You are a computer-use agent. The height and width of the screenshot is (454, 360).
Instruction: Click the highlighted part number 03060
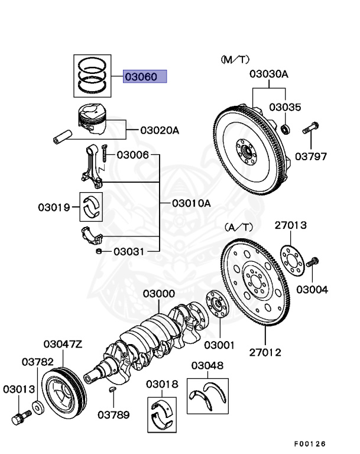[x=145, y=76]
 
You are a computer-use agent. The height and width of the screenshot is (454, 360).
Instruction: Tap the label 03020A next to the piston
[x=159, y=130]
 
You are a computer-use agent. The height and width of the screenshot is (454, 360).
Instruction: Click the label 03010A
[x=192, y=203]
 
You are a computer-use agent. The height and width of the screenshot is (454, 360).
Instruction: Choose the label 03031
[x=129, y=251]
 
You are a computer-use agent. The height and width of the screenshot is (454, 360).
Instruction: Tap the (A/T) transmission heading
[x=238, y=226]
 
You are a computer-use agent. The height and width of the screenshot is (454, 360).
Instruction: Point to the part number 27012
[x=265, y=353]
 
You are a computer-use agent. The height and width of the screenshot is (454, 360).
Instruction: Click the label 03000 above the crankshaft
[x=158, y=294]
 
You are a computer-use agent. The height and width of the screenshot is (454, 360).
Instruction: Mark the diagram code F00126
[x=309, y=443]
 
